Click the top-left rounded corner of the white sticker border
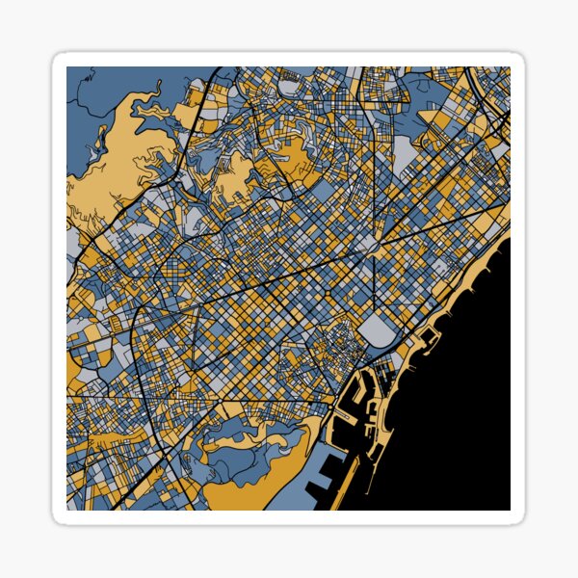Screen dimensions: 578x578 tap(59, 59)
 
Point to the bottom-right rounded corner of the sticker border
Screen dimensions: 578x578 tap(519, 519)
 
